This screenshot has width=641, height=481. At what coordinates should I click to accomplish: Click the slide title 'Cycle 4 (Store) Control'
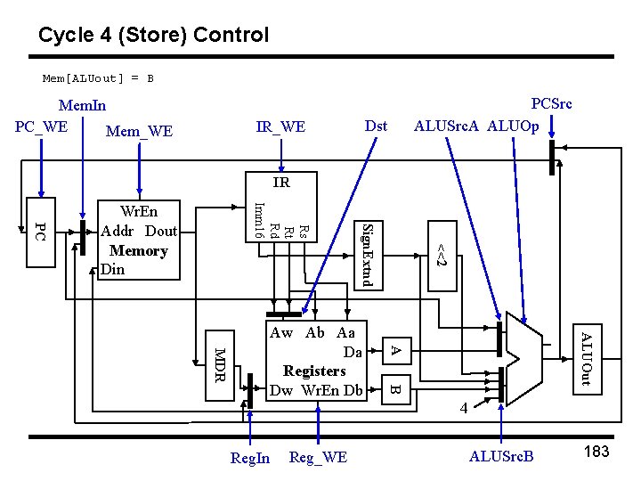click(153, 36)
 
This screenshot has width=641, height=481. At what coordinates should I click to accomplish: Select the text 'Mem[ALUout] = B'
click(99, 78)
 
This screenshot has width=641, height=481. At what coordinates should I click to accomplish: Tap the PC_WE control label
click(42, 126)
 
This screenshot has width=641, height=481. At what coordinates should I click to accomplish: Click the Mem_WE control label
click(139, 132)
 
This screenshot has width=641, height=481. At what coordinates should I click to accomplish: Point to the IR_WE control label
click(280, 127)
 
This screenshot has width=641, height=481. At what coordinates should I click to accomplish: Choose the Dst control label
click(376, 126)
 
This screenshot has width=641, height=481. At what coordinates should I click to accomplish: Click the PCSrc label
click(551, 103)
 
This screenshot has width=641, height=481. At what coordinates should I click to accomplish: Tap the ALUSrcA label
click(448, 126)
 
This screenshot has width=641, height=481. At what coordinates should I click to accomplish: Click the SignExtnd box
click(369, 255)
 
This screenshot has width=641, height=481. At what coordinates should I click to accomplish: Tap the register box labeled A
click(397, 350)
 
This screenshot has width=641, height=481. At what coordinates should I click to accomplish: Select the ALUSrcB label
click(501, 457)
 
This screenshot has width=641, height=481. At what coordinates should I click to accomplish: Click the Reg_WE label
click(319, 458)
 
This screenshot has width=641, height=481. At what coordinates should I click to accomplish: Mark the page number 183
click(596, 452)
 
